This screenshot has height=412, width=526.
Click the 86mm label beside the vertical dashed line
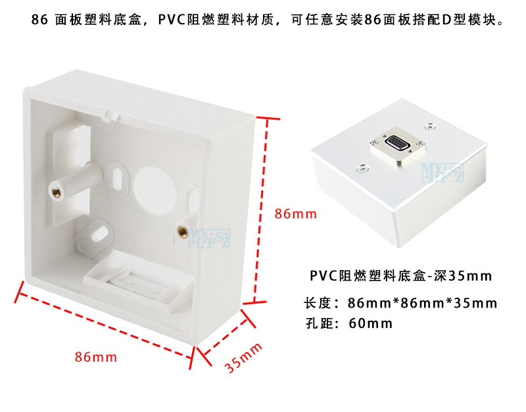point(296,214)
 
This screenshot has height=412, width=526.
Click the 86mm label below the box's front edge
point(95,357)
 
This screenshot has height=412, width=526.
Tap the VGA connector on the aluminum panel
point(396,143)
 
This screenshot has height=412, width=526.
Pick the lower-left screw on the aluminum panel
point(361,166)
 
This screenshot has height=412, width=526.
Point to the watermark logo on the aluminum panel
point(451,172)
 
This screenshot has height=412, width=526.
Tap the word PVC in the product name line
point(323,275)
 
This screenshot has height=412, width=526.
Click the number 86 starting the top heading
point(39,20)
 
